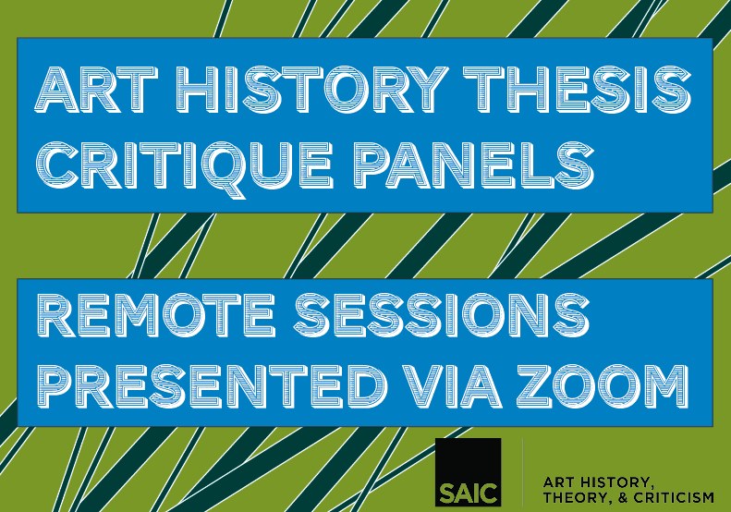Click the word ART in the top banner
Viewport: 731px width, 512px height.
94,89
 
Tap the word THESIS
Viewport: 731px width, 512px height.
578,89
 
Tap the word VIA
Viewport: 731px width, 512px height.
452,384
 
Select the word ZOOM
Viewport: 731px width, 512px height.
603,384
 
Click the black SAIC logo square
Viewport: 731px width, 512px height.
468,472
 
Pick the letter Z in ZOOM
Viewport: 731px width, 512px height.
536,384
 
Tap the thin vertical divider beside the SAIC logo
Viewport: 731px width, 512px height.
522,472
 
